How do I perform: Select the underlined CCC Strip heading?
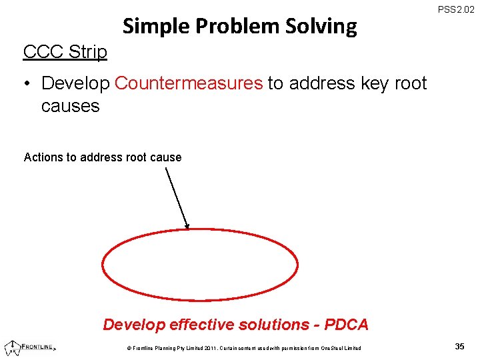(x=65, y=51)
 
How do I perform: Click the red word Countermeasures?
(x=189, y=83)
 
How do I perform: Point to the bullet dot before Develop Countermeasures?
(x=27, y=83)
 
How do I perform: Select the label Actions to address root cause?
(x=102, y=157)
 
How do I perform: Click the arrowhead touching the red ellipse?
(x=187, y=226)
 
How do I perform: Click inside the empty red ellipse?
(x=200, y=266)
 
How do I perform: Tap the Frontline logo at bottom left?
(x=30, y=346)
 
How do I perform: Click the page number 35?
(x=459, y=346)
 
